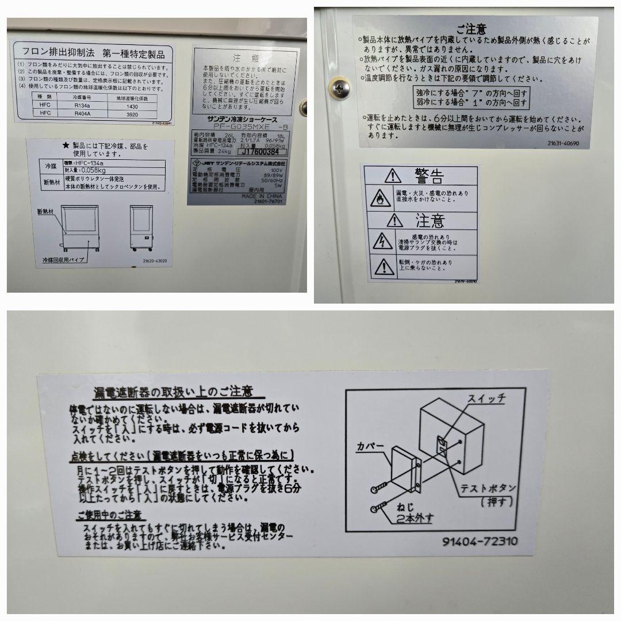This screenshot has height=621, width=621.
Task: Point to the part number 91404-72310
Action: pos(480,541)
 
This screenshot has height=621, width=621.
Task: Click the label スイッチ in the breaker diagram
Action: pos(485,398)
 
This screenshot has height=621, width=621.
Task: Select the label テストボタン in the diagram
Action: pos(488,488)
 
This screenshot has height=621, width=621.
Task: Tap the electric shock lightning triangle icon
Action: pos(381,242)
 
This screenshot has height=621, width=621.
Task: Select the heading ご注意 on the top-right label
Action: pos(471,29)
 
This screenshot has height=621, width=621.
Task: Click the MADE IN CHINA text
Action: pos(255,196)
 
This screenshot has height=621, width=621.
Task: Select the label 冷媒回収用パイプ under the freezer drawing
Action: pos(63,260)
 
